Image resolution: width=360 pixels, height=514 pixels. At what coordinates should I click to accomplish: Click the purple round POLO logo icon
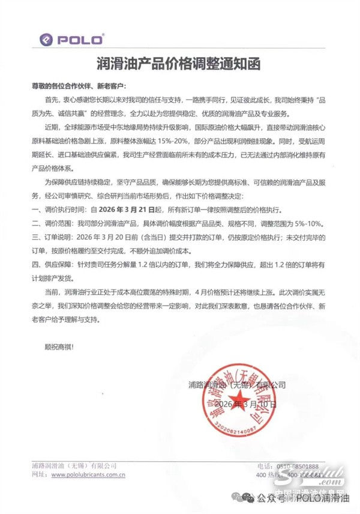click(x=46, y=40)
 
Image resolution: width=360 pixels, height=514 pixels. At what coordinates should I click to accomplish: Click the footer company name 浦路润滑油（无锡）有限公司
click(x=74, y=466)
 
